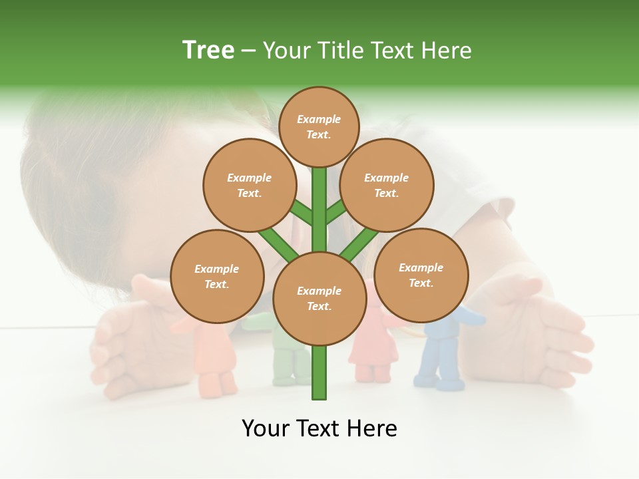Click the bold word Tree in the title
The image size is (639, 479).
coord(208,50)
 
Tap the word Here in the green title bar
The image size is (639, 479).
coord(447,51)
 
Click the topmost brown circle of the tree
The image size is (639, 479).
coord(319,126)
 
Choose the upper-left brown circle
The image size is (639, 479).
coord(249,185)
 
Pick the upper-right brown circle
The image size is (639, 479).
coord(387,185)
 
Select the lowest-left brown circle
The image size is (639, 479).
coord(217,276)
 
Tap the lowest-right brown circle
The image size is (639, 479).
coord(421,275)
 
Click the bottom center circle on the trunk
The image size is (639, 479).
coord(319,298)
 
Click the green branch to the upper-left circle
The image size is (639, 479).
coord(301,214)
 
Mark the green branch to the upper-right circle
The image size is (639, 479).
coord(336,212)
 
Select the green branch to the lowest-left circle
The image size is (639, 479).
coord(278,244)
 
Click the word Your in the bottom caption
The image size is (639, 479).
coord(265,428)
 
